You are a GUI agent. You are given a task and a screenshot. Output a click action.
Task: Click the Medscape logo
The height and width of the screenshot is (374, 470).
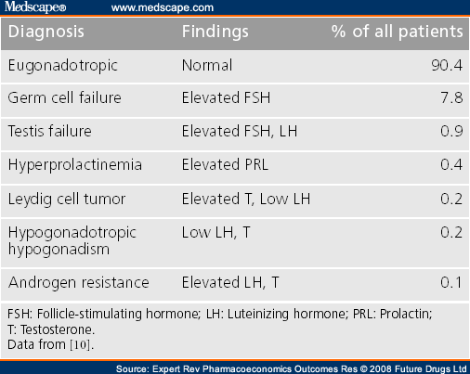(35, 6)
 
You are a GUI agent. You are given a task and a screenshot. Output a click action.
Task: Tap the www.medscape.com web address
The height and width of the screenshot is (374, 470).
(163, 7)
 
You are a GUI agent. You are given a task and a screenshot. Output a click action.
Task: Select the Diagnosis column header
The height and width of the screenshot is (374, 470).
(46, 32)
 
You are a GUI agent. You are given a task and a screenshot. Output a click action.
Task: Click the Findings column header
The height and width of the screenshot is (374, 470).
(215, 32)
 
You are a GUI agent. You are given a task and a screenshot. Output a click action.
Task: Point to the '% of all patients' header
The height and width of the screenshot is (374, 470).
(398, 32)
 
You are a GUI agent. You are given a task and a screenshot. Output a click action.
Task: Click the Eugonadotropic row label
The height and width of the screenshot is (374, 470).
(63, 66)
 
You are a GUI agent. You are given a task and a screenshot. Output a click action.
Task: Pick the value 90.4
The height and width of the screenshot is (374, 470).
(447, 65)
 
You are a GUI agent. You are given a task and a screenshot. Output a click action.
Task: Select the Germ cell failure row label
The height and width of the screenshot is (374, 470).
(64, 98)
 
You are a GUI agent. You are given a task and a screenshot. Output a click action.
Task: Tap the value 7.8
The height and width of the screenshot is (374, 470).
(451, 98)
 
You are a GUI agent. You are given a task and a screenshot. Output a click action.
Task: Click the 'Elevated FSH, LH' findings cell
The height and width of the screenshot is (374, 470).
(240, 131)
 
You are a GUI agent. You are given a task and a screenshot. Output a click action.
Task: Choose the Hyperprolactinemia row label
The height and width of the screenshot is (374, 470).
(75, 165)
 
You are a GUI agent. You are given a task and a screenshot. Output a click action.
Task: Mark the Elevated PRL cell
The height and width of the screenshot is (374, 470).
(225, 164)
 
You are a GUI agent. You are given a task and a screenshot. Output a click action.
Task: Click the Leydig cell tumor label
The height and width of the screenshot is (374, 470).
(67, 200)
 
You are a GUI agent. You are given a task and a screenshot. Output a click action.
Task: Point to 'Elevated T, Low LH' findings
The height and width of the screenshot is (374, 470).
(246, 199)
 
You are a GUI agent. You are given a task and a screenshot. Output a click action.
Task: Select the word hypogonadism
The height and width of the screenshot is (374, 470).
(59, 250)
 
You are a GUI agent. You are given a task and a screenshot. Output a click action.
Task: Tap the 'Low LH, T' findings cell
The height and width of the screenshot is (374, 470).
(215, 233)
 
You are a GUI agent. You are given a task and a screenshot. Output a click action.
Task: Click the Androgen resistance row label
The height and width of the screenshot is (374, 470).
(79, 283)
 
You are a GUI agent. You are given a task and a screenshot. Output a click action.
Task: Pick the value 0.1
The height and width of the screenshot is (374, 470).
(451, 282)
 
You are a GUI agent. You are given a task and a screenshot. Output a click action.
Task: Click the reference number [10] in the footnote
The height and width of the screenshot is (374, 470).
(81, 344)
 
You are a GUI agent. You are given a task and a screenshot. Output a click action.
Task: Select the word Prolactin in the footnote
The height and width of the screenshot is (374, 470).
(406, 314)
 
